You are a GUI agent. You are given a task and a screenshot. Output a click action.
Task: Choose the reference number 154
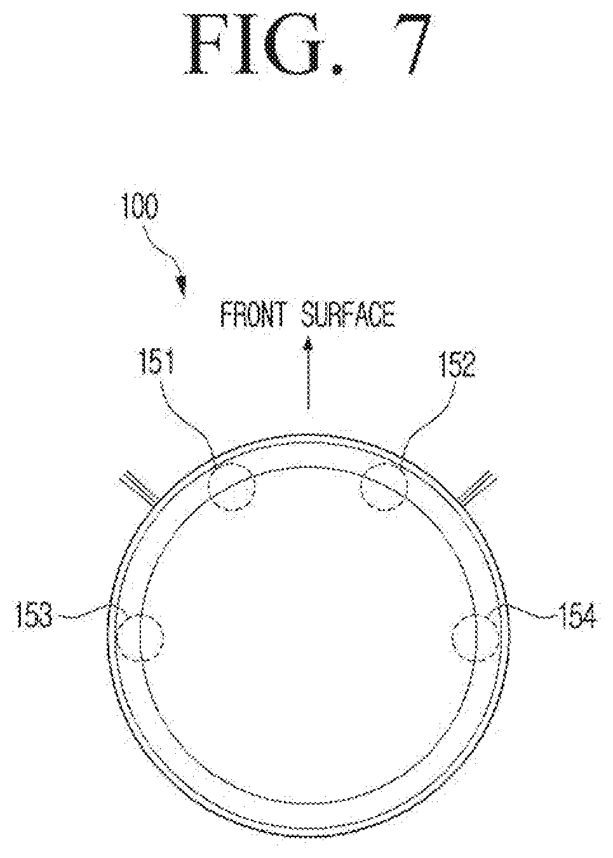pos(578,616)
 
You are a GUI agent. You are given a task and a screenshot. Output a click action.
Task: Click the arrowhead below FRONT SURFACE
pos(307,345)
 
